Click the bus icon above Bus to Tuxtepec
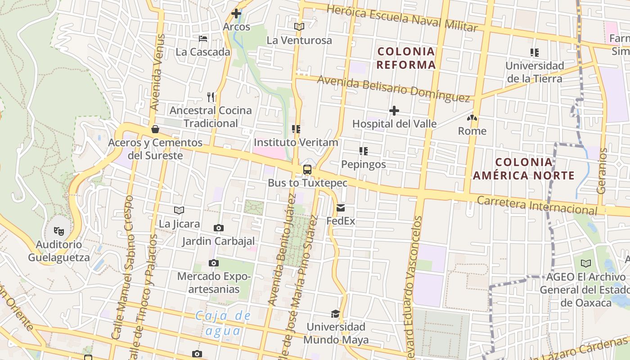tap(307, 170)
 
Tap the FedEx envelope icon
tap(341, 208)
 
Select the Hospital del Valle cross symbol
tap(394, 110)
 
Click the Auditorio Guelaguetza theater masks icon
tap(58, 231)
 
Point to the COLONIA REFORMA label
tap(406, 58)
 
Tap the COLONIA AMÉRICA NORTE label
tap(524, 169)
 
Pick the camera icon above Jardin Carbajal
tap(219, 228)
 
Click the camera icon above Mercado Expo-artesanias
tap(214, 263)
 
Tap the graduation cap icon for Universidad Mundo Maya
tap(335, 314)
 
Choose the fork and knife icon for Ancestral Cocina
tap(210, 97)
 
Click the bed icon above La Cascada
tap(203, 39)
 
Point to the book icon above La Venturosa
tap(299, 27)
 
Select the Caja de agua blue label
tap(223, 323)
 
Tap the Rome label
tap(472, 131)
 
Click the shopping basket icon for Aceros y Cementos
tap(155, 130)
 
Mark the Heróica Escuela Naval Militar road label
tap(402, 18)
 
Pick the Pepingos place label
tap(364, 164)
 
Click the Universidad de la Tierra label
tap(534, 72)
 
